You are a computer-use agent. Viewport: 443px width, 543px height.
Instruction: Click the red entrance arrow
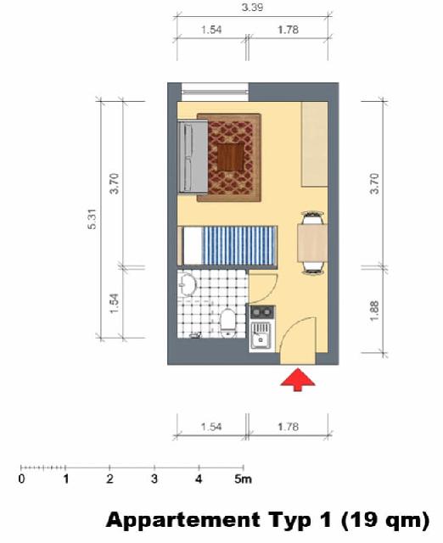pos(298,379)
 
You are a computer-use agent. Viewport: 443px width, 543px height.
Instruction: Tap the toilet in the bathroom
pos(228,322)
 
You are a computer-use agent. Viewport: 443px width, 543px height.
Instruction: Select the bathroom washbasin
pos(187,285)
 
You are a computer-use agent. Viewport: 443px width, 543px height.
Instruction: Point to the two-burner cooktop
pos(262,313)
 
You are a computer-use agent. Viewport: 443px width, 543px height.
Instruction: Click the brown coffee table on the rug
pos(231,157)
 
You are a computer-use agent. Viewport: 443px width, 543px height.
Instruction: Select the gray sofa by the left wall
pos(193,156)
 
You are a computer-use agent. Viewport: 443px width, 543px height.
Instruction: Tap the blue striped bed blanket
pos(239,245)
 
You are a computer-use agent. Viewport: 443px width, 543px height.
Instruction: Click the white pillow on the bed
pos(193,245)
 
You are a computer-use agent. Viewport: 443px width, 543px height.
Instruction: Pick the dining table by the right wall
pos(312,243)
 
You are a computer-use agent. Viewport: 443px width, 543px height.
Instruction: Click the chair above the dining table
pos(313,217)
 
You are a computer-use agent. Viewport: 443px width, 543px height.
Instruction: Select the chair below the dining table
pos(313,268)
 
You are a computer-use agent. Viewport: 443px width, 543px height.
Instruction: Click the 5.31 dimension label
pos(93,219)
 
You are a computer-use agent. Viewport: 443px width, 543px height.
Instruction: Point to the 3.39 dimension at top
pos(252,8)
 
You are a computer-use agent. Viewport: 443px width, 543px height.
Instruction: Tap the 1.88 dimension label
pos(374,311)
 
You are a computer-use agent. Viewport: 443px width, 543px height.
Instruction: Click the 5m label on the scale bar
pos(243,479)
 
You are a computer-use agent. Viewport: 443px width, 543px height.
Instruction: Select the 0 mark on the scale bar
pos(21,479)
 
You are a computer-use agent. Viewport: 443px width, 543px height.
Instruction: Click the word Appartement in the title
pos(183,520)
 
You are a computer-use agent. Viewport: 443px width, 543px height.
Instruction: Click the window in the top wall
pos(215,92)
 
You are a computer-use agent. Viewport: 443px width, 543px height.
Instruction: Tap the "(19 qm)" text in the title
pos(384,520)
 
